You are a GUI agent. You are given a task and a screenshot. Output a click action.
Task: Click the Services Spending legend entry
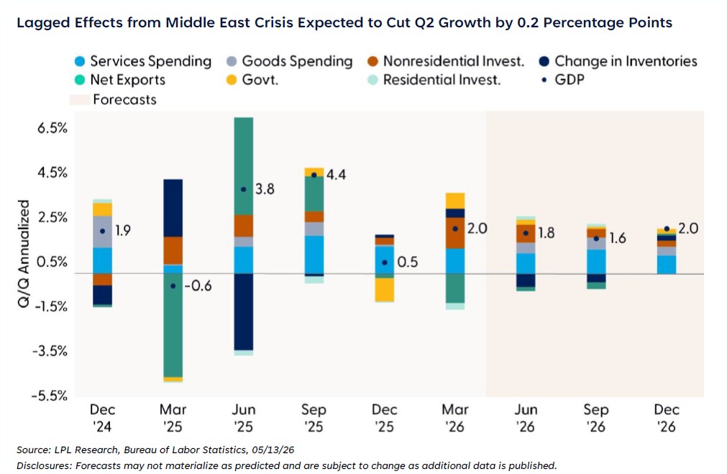(x=143, y=61)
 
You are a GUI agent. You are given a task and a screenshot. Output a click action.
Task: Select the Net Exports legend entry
(x=119, y=80)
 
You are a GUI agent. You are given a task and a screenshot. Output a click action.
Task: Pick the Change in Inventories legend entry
(x=618, y=61)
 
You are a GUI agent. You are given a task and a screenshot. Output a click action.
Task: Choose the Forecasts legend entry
(x=113, y=100)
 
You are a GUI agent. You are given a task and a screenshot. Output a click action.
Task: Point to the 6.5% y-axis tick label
(x=52, y=128)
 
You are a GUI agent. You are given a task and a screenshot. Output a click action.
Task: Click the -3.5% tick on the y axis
(x=50, y=351)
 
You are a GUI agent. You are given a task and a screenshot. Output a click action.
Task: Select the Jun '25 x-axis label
(x=244, y=418)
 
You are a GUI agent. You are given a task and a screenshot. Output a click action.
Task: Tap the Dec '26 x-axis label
(x=667, y=418)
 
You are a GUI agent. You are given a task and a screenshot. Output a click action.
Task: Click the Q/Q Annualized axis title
(x=24, y=253)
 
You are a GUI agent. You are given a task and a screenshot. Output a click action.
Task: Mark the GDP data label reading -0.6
(x=198, y=286)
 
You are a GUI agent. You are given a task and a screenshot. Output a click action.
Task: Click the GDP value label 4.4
(x=336, y=175)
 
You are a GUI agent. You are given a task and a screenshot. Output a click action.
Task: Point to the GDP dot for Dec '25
(x=385, y=263)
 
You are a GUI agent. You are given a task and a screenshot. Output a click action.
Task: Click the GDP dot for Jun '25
(x=244, y=189)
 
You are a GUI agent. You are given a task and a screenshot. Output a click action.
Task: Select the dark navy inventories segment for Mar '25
(x=173, y=209)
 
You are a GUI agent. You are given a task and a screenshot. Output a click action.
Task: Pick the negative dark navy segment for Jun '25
(x=244, y=312)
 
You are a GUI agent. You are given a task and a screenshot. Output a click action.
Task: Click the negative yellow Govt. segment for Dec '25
(x=385, y=290)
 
